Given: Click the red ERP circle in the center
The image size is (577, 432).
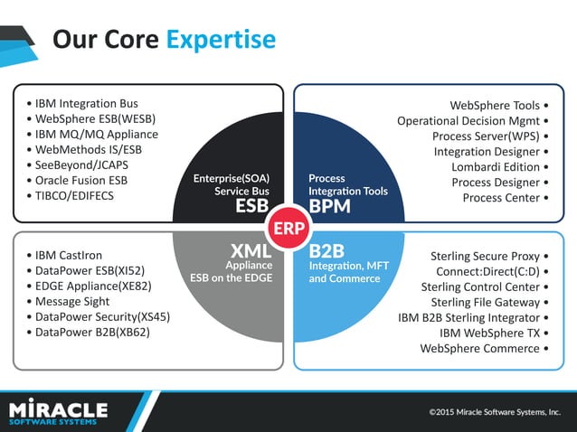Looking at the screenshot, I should coord(288,227).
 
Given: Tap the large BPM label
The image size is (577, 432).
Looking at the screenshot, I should coord(328,207).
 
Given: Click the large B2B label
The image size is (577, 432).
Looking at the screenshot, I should coord(327,249).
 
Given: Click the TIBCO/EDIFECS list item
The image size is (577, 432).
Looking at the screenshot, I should coord(76,196).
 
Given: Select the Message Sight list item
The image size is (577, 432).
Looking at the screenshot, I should coord(73,302).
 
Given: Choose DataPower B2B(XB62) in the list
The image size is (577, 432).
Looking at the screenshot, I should coord(93,333).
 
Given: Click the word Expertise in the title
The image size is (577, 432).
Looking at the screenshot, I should coord(221,40).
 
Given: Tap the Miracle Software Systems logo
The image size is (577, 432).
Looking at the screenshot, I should coord(59,412).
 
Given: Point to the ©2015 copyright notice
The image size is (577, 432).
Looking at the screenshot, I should coord(494,413).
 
